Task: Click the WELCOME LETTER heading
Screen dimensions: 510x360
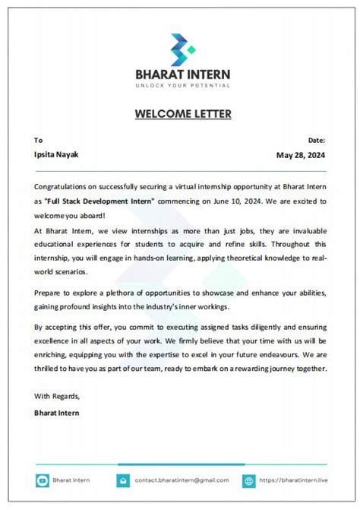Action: tap(183, 114)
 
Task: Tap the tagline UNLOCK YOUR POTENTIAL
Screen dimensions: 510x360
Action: tap(182, 85)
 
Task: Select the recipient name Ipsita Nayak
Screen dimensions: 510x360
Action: tap(56, 154)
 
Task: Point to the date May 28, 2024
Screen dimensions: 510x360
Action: tap(301, 154)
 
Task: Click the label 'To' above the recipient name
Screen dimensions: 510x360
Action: tap(38, 140)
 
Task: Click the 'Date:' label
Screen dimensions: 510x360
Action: tap(317, 140)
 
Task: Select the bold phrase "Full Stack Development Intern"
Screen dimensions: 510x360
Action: tap(99, 201)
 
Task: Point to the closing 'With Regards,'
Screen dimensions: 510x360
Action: tap(57, 396)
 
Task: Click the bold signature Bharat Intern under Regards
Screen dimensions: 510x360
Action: tap(57, 413)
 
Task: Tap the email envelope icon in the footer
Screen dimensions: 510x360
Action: tap(123, 480)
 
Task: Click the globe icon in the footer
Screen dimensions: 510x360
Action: tap(249, 480)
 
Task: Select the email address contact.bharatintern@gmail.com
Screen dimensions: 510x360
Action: tap(182, 480)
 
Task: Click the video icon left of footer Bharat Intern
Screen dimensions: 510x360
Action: tap(42, 480)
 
